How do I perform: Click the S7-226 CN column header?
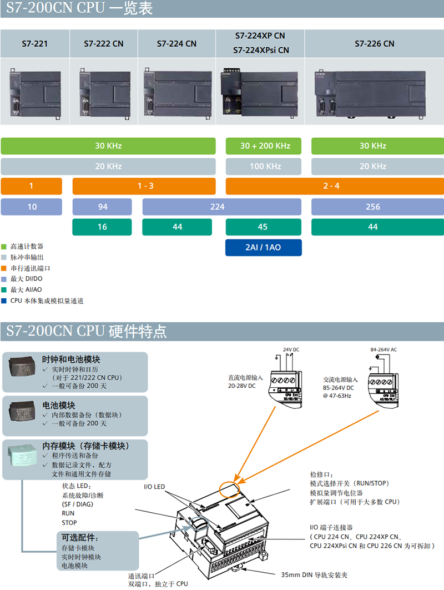tap(375, 43)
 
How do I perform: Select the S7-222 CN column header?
tap(104, 43)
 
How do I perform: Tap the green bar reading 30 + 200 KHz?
tap(265, 146)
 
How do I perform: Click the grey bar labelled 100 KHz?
tap(265, 166)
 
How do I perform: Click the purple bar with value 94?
tap(103, 207)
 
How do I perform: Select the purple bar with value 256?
tap(373, 207)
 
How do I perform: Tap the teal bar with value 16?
tap(102, 227)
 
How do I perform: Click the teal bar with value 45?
tap(263, 227)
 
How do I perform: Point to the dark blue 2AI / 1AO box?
tap(263, 247)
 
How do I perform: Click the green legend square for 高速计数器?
tap(4, 246)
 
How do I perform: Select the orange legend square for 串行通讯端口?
tap(4, 268)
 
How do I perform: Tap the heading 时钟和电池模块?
tap(71, 359)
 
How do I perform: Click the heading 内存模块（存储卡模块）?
tap(85, 446)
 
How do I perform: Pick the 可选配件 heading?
tap(80, 538)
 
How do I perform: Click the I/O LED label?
tap(154, 487)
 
